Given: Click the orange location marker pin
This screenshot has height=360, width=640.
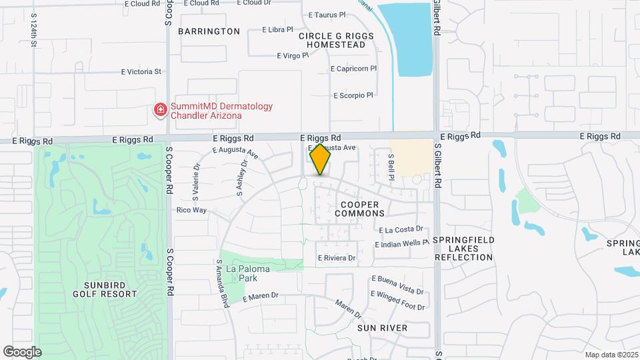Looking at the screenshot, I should pos(320,159).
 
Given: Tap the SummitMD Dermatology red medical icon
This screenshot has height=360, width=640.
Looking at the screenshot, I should pos(161,110).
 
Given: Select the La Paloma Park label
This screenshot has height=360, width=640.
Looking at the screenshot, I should pos(241,273).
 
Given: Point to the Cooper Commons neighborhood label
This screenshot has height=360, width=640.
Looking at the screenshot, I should pos(359,209).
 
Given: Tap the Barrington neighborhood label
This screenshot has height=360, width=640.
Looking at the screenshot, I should pos(209,31).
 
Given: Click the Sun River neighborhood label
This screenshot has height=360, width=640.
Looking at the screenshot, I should pos(382,329).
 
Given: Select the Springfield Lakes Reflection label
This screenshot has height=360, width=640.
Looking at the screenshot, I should pos(463,248).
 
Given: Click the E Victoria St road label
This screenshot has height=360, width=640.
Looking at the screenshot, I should pos(141,71).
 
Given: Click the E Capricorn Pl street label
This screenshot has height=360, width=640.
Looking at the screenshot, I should pos(354,68).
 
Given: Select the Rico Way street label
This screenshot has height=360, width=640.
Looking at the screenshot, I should pos(191,210).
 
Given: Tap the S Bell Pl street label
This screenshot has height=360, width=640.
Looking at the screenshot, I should pos(391,166).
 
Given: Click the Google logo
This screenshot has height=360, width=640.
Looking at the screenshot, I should pos(23,351).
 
